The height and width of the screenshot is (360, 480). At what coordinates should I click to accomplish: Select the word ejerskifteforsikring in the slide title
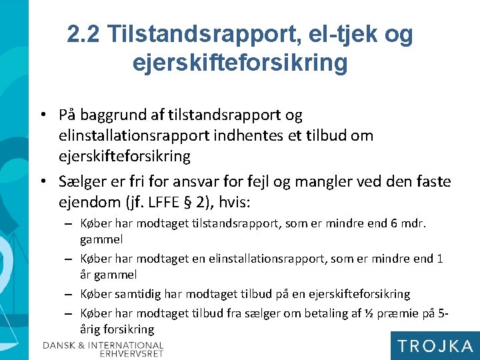pyautogui.click(x=240, y=63)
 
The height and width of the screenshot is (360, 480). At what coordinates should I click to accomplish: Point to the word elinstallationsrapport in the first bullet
pyautogui.click(x=133, y=135)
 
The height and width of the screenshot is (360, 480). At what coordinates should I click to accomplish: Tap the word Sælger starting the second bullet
pyautogui.click(x=80, y=181)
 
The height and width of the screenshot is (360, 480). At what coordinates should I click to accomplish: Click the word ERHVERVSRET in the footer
pyautogui.click(x=131, y=353)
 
